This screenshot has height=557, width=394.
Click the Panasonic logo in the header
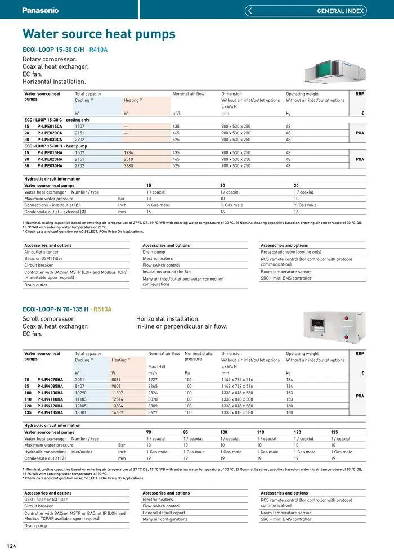coord(40,10)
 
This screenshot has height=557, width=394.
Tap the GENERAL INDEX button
coord(306,11)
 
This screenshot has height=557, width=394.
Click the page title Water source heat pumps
coord(98,34)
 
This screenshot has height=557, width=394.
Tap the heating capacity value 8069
coord(118,380)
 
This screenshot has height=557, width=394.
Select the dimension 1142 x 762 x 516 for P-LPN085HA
coord(237,386)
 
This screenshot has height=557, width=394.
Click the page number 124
coord(11,546)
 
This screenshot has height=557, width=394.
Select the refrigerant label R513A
coord(102,309)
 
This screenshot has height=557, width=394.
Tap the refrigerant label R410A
coord(98,50)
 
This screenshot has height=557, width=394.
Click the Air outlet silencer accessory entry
coord(41,252)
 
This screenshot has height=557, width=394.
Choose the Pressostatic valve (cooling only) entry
coord(291,252)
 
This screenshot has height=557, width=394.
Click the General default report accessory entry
coord(164,513)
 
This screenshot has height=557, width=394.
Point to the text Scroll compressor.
coord(48,319)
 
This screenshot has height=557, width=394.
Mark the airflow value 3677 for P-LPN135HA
coord(153,412)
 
